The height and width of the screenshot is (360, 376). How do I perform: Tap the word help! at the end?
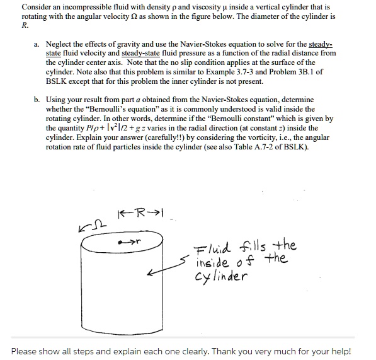[x=337, y=351]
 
